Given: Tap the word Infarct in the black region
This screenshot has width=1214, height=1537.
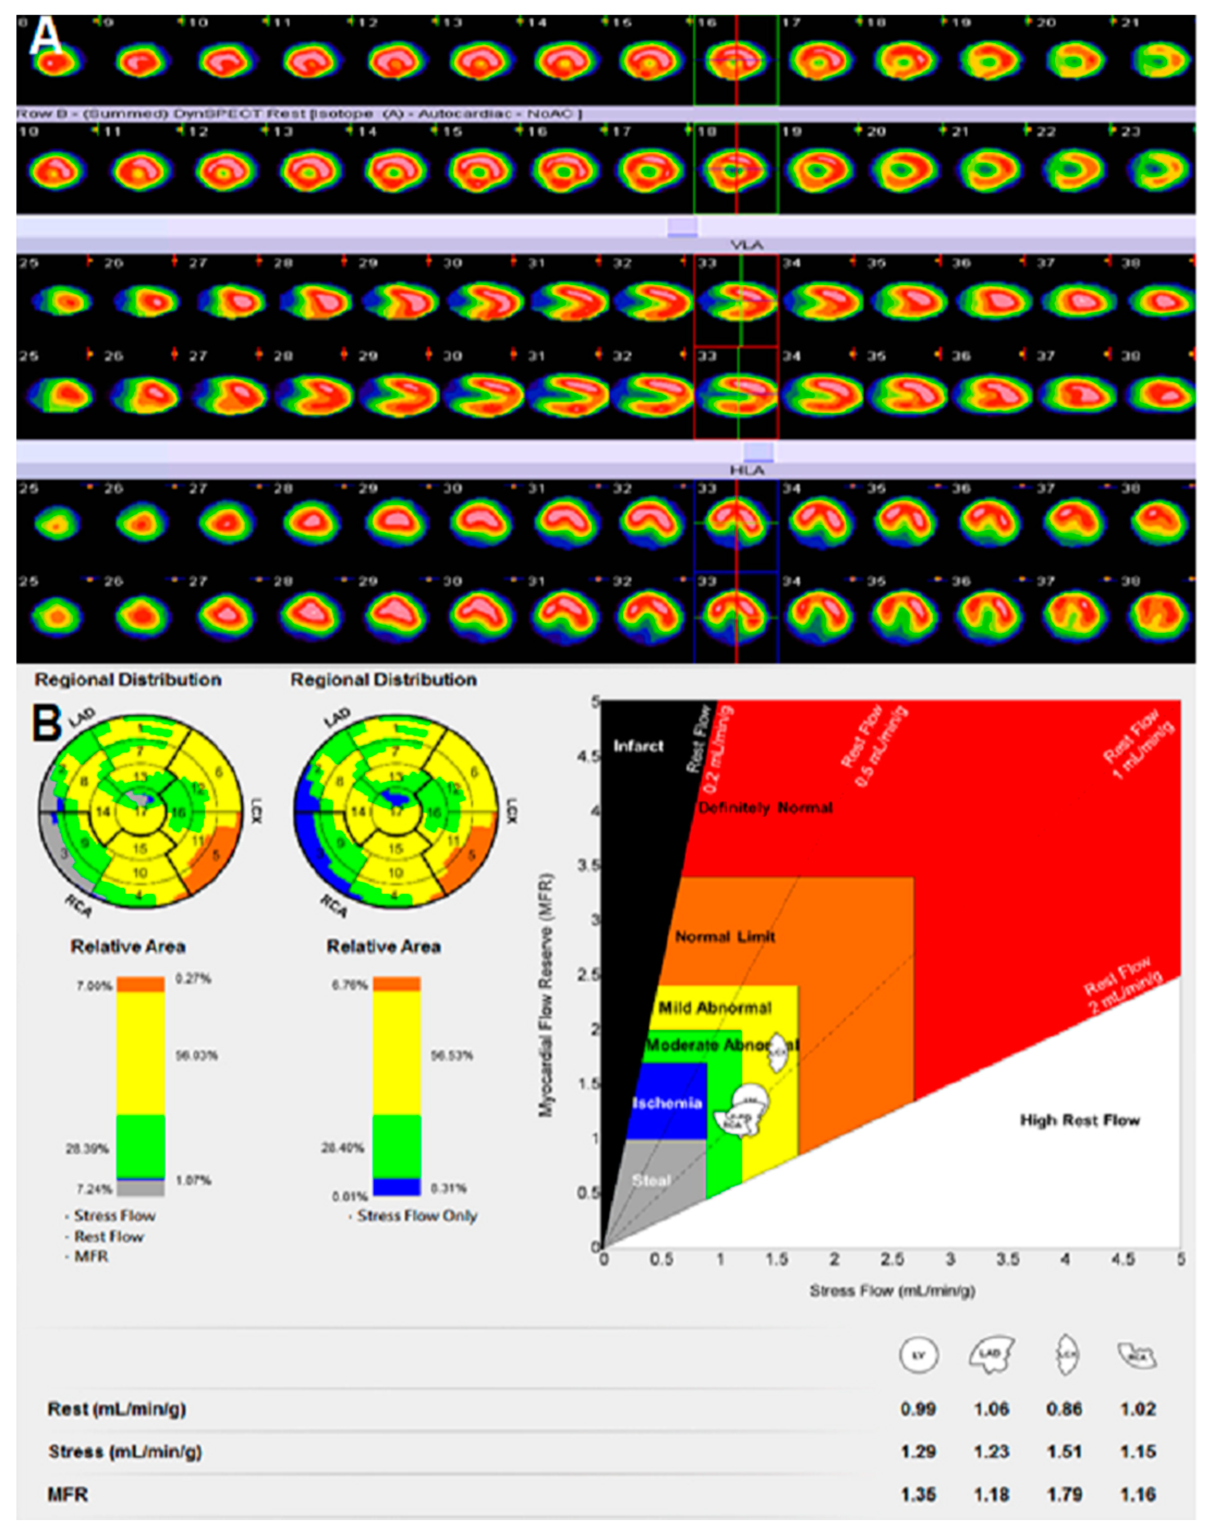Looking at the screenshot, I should [638, 746].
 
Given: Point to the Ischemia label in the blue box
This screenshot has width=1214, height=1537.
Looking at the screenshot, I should [667, 1103].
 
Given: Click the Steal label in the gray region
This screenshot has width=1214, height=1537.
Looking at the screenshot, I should [651, 1180].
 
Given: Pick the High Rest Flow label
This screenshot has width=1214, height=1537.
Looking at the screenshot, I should [1079, 1120].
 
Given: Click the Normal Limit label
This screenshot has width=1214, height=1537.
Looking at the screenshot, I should [724, 937].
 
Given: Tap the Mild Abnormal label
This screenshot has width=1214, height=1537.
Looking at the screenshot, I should [715, 1008].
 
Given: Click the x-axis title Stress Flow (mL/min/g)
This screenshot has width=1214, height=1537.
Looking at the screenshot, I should [892, 1290].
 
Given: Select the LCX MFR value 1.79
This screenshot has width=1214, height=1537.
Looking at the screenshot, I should [1064, 1495].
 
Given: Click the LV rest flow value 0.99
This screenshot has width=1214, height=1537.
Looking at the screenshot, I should [918, 1409].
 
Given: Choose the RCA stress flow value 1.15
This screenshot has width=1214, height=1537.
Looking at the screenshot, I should [1137, 1451].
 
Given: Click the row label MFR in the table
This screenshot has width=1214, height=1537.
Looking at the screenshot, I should [68, 1495].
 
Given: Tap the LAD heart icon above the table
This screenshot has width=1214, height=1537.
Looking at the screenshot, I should [991, 1354].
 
